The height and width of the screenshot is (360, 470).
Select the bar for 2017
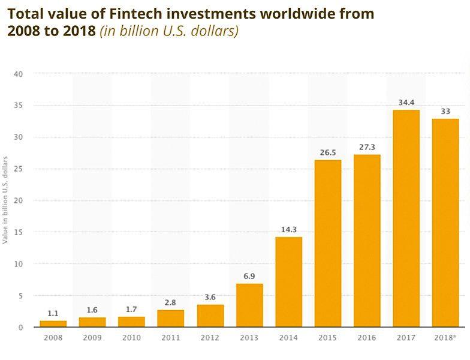406,219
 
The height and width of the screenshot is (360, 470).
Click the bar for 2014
289,282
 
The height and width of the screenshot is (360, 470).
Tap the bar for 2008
53,324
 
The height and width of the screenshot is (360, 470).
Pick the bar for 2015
328,244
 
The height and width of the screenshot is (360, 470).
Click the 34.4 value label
406,103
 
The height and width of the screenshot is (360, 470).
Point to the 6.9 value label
249,276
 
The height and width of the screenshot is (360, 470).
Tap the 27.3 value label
367,148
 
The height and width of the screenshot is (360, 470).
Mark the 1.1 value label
53,313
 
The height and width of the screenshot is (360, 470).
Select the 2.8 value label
171,302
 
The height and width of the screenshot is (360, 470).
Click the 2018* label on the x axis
445,338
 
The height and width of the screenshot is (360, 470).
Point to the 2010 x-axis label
132,338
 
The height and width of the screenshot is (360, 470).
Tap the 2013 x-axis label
249,338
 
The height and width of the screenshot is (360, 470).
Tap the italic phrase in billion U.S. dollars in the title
170,31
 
